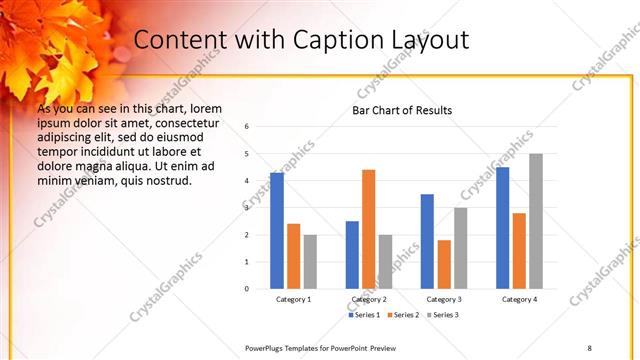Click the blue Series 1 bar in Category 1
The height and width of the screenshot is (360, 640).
(277, 231)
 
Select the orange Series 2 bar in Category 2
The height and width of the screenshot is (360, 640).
(369, 229)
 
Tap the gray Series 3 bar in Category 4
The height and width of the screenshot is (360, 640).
(536, 221)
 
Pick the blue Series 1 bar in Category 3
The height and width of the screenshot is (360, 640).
(427, 241)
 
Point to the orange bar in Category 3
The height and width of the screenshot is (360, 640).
(444, 264)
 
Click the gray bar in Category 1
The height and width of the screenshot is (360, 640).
(310, 262)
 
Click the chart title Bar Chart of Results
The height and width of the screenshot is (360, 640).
(402, 110)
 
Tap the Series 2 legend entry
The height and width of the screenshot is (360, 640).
(404, 315)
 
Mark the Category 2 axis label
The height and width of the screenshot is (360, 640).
(369, 299)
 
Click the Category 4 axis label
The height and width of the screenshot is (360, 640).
(520, 299)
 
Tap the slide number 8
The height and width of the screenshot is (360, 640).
(589, 346)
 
